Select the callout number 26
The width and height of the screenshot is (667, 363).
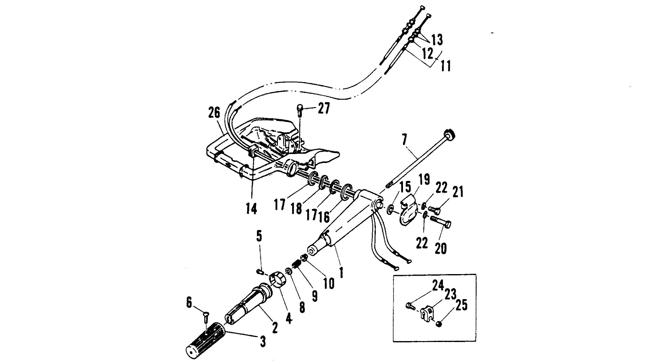[x=214, y=113]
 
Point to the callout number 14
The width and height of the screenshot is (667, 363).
[x=251, y=209]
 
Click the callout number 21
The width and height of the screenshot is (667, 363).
[x=458, y=193]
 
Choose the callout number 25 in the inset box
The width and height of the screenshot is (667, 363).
[x=461, y=305]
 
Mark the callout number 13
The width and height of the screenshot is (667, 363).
[x=437, y=40]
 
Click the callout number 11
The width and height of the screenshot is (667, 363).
[x=446, y=66]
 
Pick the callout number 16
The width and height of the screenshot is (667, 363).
[x=324, y=217]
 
